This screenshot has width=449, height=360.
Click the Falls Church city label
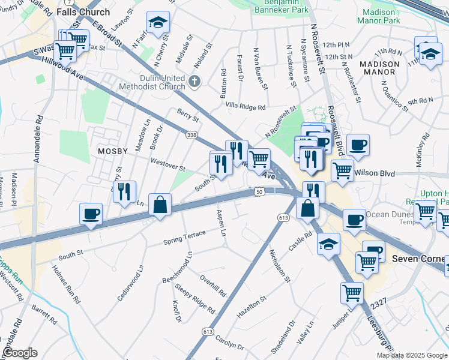83,12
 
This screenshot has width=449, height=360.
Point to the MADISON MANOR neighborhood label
379,68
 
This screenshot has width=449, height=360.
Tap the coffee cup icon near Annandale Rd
91,214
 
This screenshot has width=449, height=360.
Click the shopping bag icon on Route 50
160,205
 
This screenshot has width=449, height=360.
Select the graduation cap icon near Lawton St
158,23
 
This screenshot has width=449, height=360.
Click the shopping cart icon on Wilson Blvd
342,170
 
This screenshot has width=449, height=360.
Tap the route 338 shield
191,135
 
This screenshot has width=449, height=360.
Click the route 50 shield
259,191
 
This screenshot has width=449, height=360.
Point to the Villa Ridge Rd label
245,107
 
